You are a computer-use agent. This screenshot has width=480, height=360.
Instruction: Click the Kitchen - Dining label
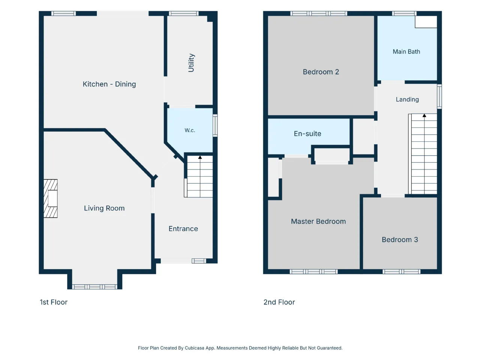point(109,84)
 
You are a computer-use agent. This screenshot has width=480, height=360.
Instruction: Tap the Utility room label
point(191,63)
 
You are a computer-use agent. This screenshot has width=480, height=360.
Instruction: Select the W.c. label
point(190,130)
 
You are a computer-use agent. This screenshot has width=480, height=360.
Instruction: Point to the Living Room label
point(104,208)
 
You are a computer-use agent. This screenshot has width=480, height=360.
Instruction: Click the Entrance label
point(183,229)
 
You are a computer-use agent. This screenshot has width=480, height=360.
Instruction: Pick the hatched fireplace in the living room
point(51,198)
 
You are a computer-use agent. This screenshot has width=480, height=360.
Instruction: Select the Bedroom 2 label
point(321,72)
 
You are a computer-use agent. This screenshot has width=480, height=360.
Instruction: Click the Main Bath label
point(406,52)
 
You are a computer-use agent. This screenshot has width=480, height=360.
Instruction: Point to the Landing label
point(407,99)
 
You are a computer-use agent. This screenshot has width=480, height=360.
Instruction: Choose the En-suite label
point(307,133)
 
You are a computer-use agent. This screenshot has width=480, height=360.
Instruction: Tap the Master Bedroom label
point(318,221)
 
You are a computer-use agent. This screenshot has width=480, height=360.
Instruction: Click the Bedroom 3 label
point(400,240)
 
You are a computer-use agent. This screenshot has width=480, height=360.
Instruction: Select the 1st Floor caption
point(54,302)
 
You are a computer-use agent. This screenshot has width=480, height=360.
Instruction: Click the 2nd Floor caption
point(279,302)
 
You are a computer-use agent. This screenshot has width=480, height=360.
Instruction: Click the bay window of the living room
point(94,287)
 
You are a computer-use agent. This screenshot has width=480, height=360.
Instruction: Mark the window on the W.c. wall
point(215,126)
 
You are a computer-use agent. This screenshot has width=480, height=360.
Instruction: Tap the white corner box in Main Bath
point(426,22)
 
